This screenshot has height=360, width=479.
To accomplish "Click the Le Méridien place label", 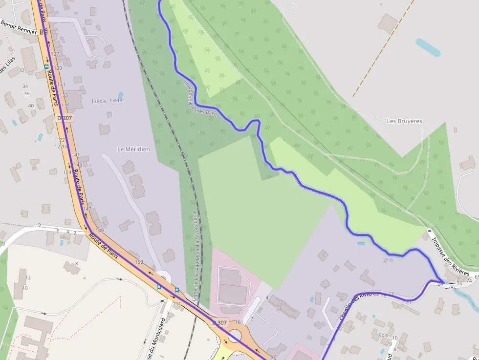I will coord(133,149).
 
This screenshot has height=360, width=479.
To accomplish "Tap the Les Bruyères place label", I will coord(404,121).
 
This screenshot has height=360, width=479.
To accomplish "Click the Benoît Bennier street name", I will coord(18,27).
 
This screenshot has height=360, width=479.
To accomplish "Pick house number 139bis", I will coord(98,102).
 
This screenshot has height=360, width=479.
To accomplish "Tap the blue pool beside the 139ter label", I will coord(120,95).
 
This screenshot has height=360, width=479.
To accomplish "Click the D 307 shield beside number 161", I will coord(219,323).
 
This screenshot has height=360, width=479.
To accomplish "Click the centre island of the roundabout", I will coord(234,337).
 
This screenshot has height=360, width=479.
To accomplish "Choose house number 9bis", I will coord(383,335).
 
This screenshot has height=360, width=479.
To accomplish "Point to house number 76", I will coord(459,283).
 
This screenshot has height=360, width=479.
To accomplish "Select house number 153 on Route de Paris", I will coord(139,262).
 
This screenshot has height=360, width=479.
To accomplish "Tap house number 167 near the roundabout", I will coord(271,357).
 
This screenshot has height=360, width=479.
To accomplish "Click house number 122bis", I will coord(62,146).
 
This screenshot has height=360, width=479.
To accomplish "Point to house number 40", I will coord(31,106).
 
